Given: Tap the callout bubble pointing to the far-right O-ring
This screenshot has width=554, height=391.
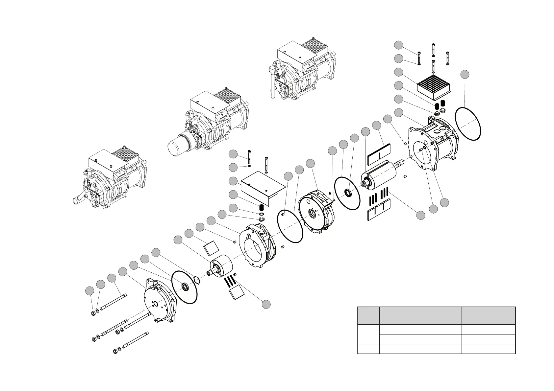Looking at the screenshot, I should (464, 74).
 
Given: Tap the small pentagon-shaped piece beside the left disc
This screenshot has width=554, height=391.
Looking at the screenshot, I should (196, 280).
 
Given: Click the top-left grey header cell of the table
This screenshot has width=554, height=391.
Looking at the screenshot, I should (368, 316).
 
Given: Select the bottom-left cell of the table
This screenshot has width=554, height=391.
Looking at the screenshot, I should (368, 349).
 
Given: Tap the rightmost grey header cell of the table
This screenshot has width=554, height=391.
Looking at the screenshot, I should (489, 316).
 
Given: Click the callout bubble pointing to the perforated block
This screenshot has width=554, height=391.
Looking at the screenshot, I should (398, 72).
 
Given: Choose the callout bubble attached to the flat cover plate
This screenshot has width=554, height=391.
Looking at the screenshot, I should (233, 181).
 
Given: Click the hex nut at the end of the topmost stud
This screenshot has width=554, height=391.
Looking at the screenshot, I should (93, 312).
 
